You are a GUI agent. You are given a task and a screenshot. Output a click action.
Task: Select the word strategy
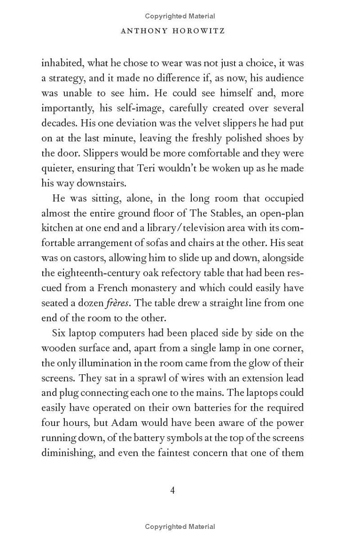[x=67, y=78]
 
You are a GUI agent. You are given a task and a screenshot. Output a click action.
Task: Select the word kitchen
[x=58, y=228]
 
